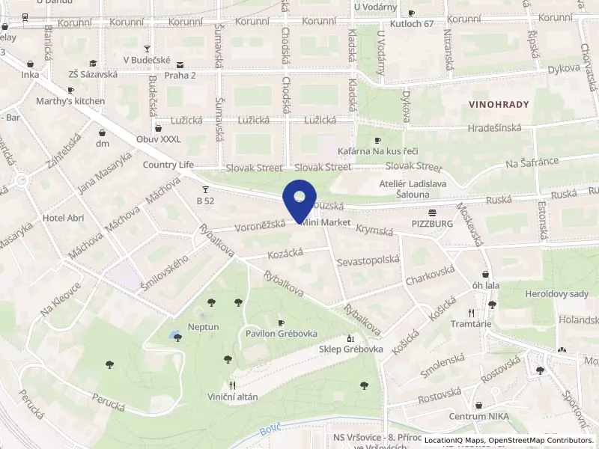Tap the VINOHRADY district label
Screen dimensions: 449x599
pos(499,105)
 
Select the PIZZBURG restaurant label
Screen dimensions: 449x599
pos(432,223)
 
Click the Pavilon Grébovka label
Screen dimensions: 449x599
pos(282,334)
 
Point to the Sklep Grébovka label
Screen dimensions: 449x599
pos(351,349)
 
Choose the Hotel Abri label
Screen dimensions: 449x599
pos(64,218)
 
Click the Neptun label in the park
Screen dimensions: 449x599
pos(204,327)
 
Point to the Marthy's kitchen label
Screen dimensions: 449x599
pos(70,101)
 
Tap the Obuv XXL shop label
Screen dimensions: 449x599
pos(159,139)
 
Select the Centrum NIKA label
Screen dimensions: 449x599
pos(474,416)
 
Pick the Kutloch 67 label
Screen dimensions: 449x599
pos(412,24)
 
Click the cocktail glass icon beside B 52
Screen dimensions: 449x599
pos(205,190)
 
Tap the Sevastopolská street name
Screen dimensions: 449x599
pos(368,260)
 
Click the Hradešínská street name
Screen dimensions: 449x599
pos(494,128)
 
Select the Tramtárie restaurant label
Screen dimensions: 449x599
pos(471,324)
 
